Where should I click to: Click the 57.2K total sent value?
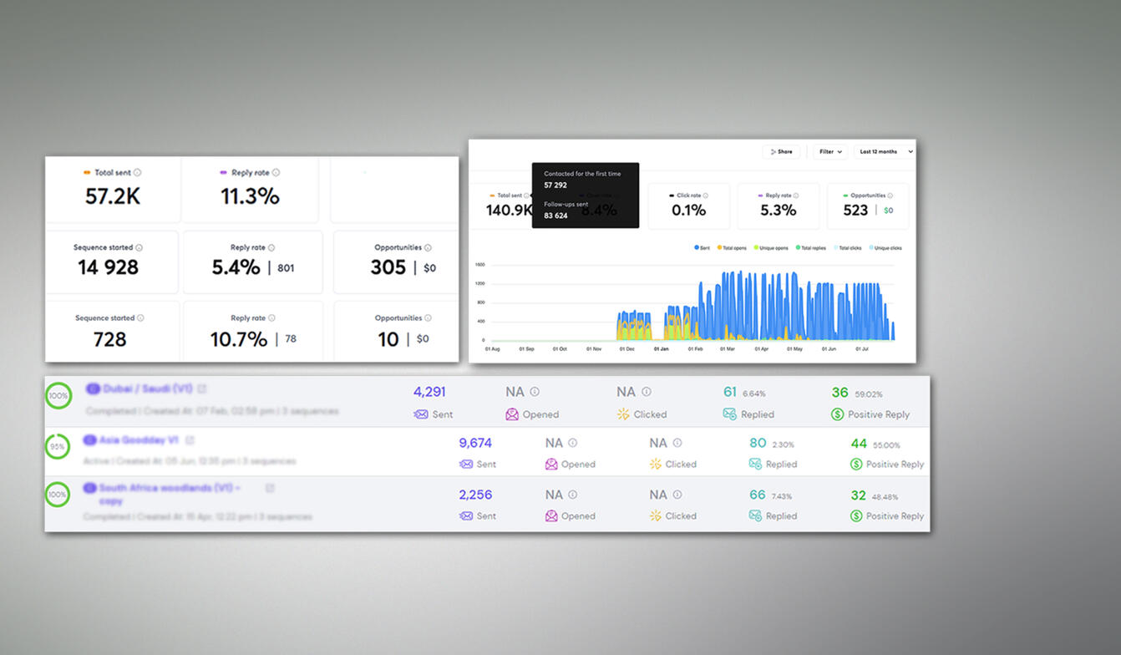coord(112,196)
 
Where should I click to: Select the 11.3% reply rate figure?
coord(250,196)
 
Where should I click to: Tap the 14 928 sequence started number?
coord(109,267)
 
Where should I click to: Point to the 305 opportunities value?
coord(388,267)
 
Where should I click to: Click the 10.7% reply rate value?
coord(239,339)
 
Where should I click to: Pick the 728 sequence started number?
coord(109,339)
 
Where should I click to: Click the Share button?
coord(781,152)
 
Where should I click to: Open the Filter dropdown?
coord(829,152)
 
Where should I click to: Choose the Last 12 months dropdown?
coord(883,152)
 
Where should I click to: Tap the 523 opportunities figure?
coord(855,211)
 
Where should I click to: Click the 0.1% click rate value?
coord(688,211)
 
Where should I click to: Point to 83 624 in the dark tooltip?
coord(555,216)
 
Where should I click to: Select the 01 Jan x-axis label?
coord(661,349)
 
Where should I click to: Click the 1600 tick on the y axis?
coord(479,265)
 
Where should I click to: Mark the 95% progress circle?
coord(57,446)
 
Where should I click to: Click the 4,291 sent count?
coord(429,392)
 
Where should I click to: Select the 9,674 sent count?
coord(475,444)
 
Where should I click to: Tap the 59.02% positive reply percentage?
coord(867,394)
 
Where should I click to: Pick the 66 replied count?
coord(757,495)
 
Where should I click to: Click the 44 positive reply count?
coord(859,444)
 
